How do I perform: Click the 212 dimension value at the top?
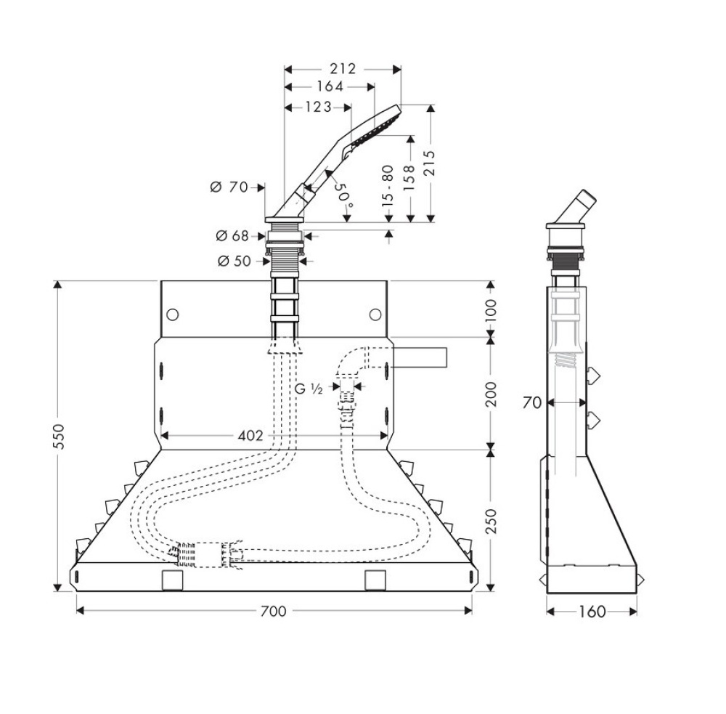pyautogui.click(x=342, y=69)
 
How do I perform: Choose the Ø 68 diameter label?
pyautogui.click(x=232, y=235)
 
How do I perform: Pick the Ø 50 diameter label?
pyautogui.click(x=232, y=261)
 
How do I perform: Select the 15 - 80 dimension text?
pyautogui.click(x=388, y=184)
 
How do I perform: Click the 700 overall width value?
pyautogui.click(x=273, y=611)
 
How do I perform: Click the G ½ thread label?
pyautogui.click(x=308, y=389)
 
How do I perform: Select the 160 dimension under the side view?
pyautogui.click(x=592, y=612)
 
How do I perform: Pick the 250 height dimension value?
pyautogui.click(x=491, y=521)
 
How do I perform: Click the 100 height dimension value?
pyautogui.click(x=491, y=309)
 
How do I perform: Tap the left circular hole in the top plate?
pyautogui.click(x=172, y=315)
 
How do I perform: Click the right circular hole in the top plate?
pyautogui.click(x=375, y=314)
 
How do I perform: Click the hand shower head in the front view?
pyautogui.click(x=373, y=128)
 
